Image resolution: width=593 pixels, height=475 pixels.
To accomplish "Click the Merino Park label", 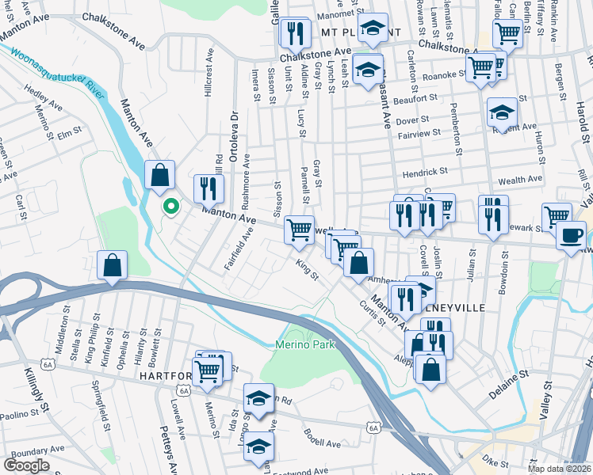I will pos(305,344).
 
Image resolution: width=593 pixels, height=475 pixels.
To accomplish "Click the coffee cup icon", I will pos(571,235).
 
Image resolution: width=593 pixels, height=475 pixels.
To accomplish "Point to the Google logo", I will pos(27,465).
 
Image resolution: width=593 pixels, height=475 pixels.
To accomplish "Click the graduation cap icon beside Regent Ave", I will pos(502,112).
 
